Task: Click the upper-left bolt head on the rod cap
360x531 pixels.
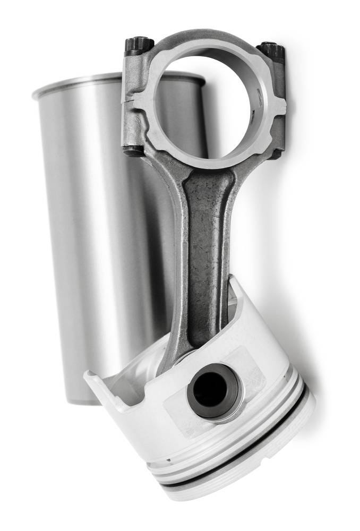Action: coord(139,45)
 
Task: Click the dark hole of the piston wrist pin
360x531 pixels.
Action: coord(209,389)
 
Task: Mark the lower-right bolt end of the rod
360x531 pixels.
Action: coord(275,155)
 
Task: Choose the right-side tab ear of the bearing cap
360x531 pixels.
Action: coord(279,106)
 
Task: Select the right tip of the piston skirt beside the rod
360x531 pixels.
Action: coord(234,281)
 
